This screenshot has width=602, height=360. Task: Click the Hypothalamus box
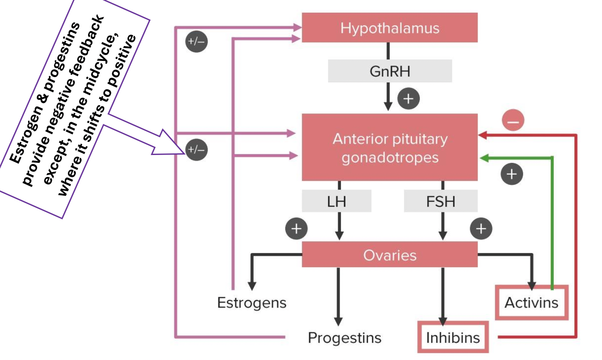[x=390, y=28]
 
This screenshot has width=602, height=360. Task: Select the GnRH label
[x=390, y=71]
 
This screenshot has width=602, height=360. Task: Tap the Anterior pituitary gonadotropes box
[x=390, y=148]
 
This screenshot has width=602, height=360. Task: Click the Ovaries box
[x=390, y=254]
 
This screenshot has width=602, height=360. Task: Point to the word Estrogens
[x=251, y=303]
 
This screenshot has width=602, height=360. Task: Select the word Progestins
[x=344, y=338]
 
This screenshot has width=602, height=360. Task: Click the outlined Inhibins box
[x=453, y=337]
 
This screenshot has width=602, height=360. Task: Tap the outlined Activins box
[x=531, y=303]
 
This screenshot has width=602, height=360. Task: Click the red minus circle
[x=513, y=120]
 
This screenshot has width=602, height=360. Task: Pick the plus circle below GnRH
[x=408, y=99]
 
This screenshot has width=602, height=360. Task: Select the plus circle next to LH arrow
[x=296, y=229]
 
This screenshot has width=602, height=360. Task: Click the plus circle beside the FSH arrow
[x=481, y=229]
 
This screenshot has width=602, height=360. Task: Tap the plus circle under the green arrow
[x=511, y=174]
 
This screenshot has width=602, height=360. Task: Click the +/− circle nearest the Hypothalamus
[x=197, y=42]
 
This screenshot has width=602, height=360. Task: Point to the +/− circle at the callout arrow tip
[x=197, y=150]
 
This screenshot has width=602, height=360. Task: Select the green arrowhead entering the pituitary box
[x=483, y=158]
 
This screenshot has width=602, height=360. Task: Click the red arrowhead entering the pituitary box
[x=482, y=136]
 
